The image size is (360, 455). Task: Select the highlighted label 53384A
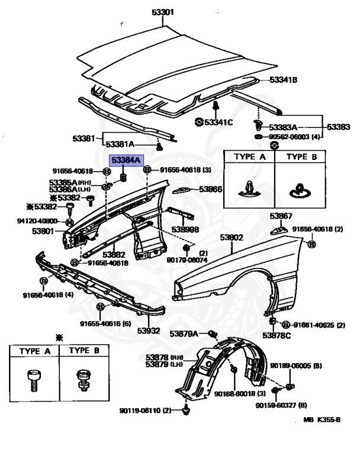[x=126, y=161]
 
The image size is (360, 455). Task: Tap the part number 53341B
[x=283, y=80]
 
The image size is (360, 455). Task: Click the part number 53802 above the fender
[x=232, y=238]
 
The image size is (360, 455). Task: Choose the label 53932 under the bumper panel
[x=149, y=331]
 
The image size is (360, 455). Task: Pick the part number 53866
[x=210, y=189]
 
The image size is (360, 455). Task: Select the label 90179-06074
[x=187, y=259]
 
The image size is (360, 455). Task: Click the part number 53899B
[x=185, y=228]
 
